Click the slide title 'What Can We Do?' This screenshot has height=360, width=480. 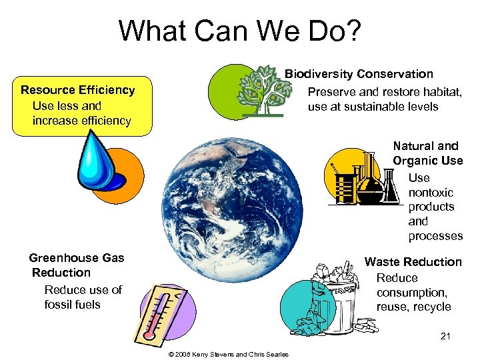coord(239,31)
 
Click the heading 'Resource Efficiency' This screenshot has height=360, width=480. coord(77,90)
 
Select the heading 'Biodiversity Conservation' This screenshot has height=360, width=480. coord(359,74)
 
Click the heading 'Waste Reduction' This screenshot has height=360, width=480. coord(413,262)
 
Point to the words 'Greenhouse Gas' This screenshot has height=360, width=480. coord(76,258)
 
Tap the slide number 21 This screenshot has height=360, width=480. coord(445,336)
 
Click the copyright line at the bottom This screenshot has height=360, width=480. coord(229,354)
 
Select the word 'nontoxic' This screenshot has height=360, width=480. coord(431,193)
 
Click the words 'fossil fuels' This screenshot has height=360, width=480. coord(72,305)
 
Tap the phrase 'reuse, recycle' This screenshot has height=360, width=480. coord(413,307)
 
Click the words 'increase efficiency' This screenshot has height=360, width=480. coord(81,121)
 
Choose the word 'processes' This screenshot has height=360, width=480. coord(435,236)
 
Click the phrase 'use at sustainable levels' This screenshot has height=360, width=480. coord(373,107)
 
